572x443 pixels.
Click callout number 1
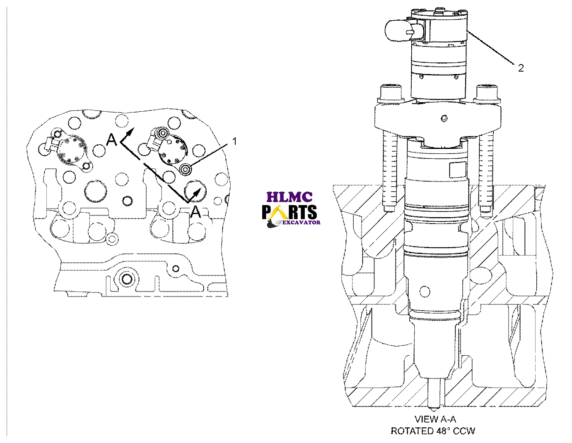click(234, 141)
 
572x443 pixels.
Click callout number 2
click(521, 68)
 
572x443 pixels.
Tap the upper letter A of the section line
click(111, 140)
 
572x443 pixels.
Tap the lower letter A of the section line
click(195, 212)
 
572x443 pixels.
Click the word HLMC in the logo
click(289, 197)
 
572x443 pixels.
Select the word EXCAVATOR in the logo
click(301, 223)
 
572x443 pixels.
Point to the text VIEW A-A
click(433, 419)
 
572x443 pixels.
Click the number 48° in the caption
click(442, 431)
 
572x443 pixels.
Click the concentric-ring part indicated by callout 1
click(186, 169)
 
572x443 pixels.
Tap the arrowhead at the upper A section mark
click(131, 132)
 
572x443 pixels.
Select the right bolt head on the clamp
click(487, 92)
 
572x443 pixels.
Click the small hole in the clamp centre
click(444, 118)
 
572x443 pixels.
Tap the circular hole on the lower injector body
click(425, 291)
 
